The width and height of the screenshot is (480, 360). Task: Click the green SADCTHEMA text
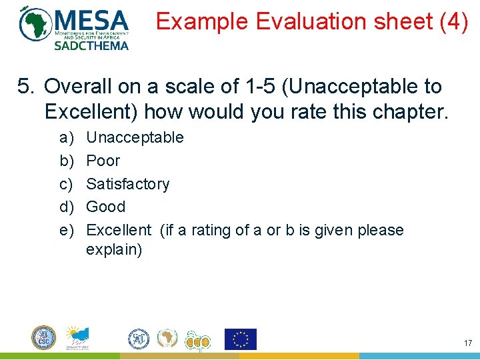coord(91,45)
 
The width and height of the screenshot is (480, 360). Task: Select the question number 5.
coord(25,87)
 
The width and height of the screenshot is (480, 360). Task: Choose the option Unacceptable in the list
coord(135,137)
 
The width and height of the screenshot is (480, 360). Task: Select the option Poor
coord(103,161)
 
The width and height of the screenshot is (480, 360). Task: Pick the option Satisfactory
coord(128,184)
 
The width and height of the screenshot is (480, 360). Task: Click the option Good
coord(106,207)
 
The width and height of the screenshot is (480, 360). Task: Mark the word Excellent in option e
coord(119,230)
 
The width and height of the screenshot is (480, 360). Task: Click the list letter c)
coord(66,184)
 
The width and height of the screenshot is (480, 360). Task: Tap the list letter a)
coord(66,137)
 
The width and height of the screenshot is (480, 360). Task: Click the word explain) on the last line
coord(114,251)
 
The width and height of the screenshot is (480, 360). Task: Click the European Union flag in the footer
coord(240,339)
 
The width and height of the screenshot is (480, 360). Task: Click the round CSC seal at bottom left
coord(44,338)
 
